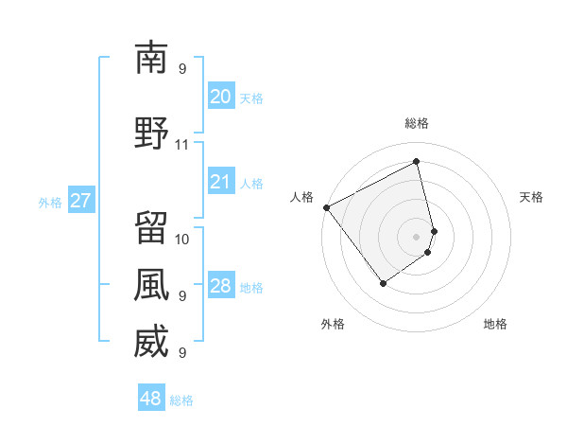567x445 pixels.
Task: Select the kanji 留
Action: point(151,227)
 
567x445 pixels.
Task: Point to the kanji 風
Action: point(151,284)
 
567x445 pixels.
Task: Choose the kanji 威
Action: point(151,342)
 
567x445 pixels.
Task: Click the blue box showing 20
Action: point(220,97)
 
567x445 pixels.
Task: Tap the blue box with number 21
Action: point(220,183)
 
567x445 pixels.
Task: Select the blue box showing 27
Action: point(80,201)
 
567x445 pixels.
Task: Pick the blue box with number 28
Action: point(220,287)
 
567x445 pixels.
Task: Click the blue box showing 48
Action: point(150,399)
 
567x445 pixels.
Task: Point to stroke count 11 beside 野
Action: point(181,145)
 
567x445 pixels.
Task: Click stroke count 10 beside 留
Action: point(182,239)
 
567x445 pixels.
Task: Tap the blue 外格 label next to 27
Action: point(50,202)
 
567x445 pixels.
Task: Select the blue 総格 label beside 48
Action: point(181,400)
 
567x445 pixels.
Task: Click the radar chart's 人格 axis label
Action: point(302,197)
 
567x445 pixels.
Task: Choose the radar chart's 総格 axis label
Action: point(417,123)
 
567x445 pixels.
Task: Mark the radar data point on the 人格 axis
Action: point(326,207)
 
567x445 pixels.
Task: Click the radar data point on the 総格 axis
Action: point(416,162)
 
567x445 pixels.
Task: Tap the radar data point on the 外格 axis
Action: point(383,282)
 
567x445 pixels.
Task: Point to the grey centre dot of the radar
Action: point(416,236)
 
